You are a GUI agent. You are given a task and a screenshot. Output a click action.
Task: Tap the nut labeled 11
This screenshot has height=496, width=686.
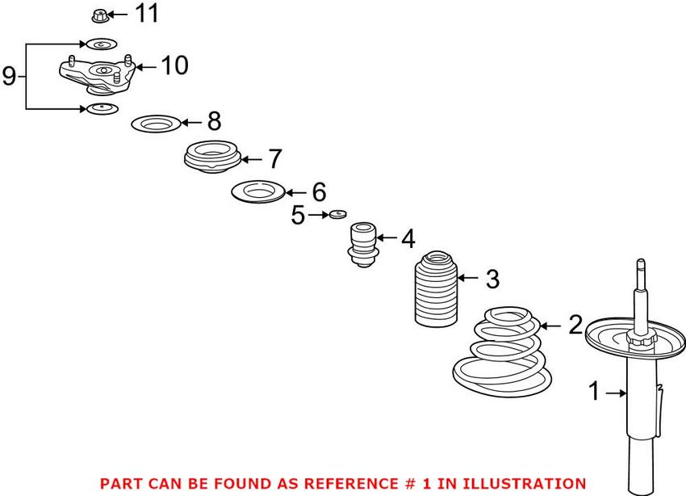point(99,16)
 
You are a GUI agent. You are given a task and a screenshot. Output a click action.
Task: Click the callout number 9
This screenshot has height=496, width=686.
point(9,76)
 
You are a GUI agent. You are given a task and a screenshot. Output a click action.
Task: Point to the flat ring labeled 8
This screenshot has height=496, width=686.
point(157,124)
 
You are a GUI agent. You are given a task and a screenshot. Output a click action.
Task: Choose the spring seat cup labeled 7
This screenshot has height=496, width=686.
point(212,156)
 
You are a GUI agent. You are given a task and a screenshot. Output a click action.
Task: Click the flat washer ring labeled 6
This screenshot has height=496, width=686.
point(258,191)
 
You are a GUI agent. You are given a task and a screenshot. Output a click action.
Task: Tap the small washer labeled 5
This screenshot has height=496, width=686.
point(337,214)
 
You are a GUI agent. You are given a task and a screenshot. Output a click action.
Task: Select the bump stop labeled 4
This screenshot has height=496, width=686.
point(363,245)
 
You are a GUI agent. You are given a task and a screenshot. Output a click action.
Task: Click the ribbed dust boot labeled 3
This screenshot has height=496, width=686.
point(436,289)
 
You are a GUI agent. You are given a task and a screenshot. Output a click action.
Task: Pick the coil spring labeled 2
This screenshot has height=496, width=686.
point(502,352)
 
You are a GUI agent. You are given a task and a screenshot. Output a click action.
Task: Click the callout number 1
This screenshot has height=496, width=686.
point(594,391)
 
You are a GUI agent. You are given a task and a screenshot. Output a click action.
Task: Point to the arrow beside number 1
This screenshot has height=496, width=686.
point(617,393)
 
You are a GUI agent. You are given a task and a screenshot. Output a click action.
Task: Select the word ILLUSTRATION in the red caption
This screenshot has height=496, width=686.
point(524,483)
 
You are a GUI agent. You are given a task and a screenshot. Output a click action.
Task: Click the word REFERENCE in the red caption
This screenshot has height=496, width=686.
point(351,483)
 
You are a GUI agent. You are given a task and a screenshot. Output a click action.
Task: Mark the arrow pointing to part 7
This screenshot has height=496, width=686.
point(252,159)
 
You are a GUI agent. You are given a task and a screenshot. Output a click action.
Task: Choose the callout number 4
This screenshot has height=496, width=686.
point(408,238)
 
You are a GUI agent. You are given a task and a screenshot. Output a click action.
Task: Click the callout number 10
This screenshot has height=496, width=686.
point(174,65)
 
